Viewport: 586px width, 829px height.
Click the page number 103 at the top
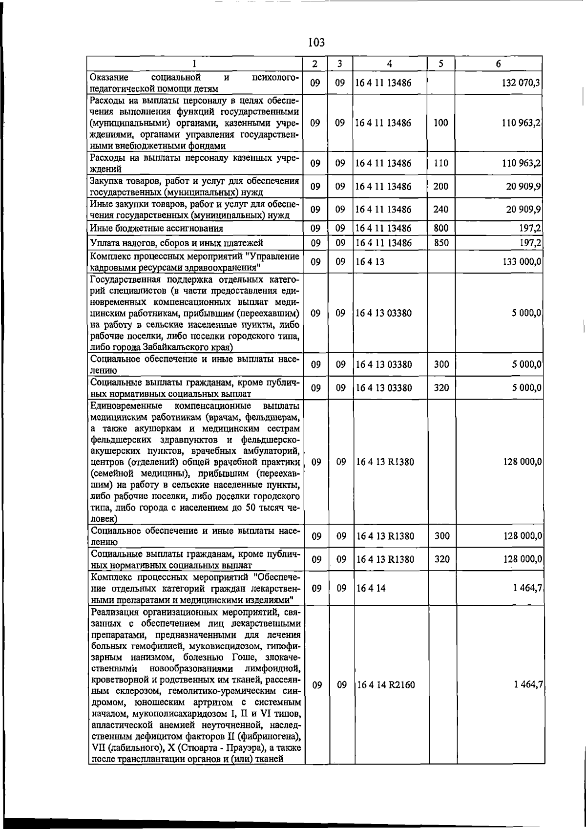[x=316, y=43]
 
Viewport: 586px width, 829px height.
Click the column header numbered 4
[x=389, y=64]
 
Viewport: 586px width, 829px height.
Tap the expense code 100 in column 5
[x=440, y=123]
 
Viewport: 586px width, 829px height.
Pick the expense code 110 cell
[x=440, y=163]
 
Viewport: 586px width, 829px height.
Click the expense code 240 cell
[x=440, y=210]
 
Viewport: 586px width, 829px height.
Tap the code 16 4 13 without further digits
[x=370, y=262]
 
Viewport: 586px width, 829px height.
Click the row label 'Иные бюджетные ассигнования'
[x=157, y=228]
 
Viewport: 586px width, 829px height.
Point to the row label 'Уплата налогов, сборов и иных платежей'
[x=177, y=243]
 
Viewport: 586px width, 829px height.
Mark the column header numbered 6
[x=498, y=64]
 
